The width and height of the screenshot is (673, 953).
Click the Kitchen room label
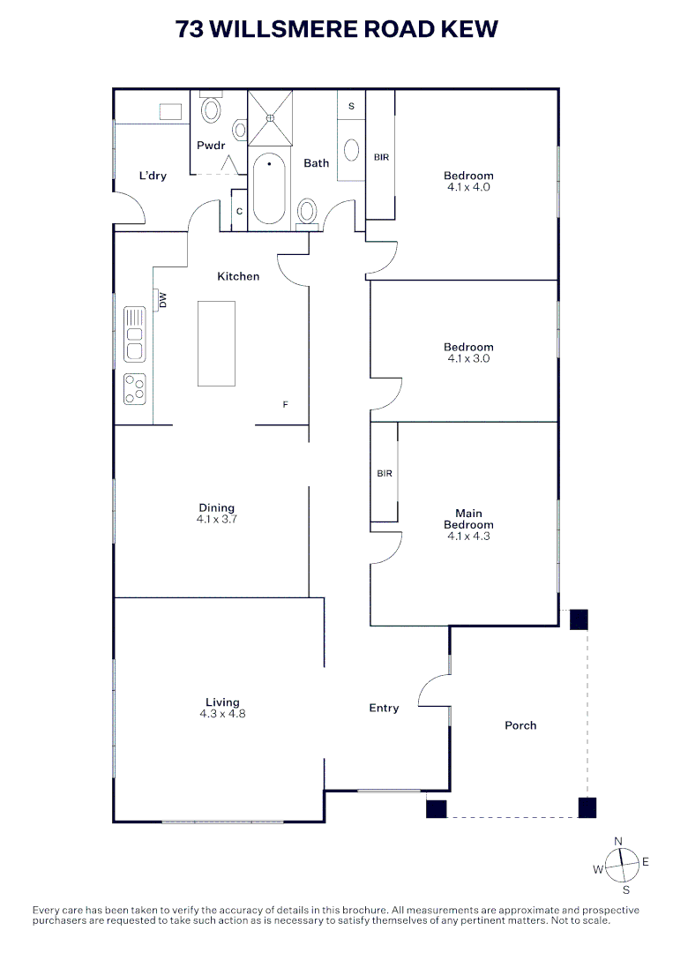(x=238, y=276)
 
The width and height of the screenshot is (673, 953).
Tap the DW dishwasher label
(x=163, y=302)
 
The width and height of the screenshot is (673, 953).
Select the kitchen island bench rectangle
(x=216, y=343)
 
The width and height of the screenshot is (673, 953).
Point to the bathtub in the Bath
(x=269, y=189)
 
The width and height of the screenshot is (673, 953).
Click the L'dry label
(x=153, y=176)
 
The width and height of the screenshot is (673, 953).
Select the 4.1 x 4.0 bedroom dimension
(x=468, y=187)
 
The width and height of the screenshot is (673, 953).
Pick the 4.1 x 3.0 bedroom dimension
(x=468, y=358)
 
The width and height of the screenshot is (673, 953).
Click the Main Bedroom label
(x=468, y=519)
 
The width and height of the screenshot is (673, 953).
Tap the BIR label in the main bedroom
(x=385, y=473)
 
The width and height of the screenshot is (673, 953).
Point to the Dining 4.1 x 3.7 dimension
(x=217, y=520)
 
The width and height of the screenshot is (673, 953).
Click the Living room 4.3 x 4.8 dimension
(x=222, y=713)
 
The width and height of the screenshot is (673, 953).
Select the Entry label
(x=384, y=708)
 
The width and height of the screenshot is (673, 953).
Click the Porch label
(x=520, y=725)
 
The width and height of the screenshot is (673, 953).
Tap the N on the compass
(x=619, y=840)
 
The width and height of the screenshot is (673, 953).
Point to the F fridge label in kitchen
(x=285, y=404)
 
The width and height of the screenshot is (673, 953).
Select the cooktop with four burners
(x=134, y=389)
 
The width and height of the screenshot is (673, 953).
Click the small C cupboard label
(x=239, y=212)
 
